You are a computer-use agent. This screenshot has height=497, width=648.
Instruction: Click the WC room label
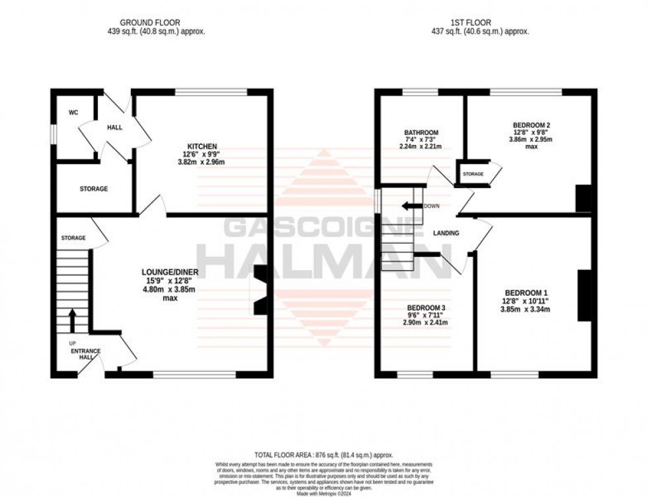coord(73,113)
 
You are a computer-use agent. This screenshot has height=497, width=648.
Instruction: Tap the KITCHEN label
coord(202,146)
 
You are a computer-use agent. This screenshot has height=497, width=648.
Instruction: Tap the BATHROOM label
coord(421,133)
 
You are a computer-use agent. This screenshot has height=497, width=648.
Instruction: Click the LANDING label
coord(446,234)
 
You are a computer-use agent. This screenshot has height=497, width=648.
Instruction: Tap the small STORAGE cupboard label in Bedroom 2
coord(473,175)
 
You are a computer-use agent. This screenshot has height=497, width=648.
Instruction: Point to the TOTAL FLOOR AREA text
coord(324,455)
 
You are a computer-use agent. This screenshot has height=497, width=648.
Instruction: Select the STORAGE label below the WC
coord(94,189)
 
